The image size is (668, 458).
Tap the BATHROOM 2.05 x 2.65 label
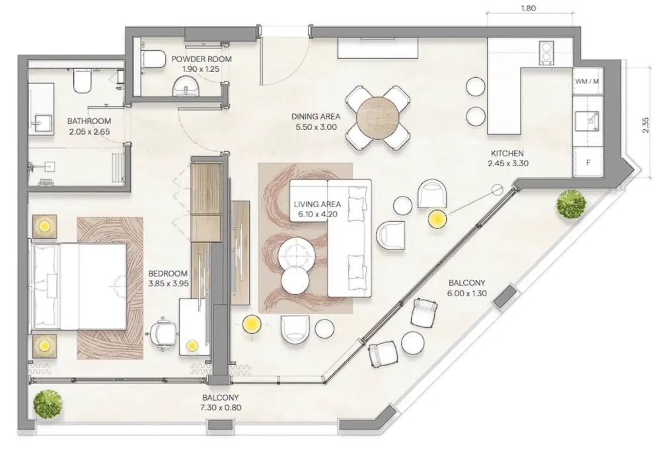tap(89, 126)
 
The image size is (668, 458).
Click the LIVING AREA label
tap(317, 209)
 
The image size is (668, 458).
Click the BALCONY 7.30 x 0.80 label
tap(221, 403)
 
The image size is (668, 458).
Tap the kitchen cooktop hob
tap(547, 51)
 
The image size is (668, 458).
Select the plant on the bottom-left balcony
tap(48, 403)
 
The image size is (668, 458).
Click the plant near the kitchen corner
tap(570, 204)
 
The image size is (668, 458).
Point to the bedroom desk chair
tap(164, 333)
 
